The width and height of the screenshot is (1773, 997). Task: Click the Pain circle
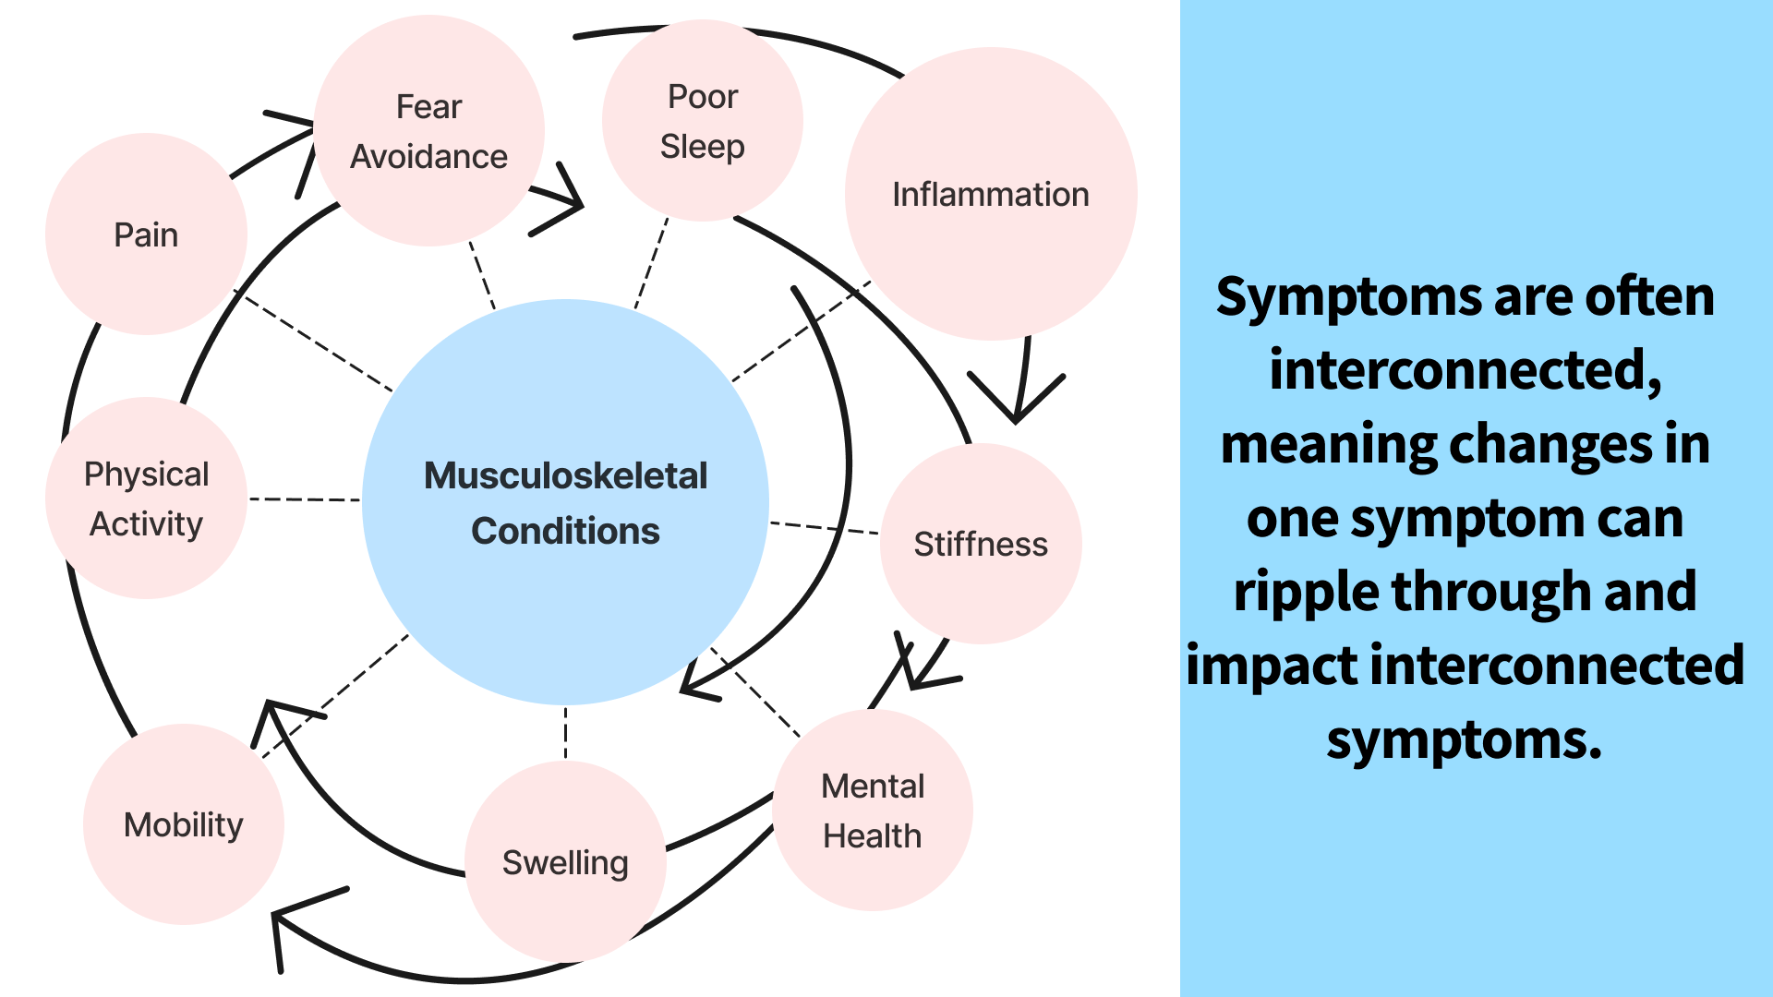[146, 234]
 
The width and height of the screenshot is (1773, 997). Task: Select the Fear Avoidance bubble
[428, 131]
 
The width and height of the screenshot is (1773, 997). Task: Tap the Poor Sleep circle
[702, 121]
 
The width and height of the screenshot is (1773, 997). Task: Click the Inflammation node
[990, 195]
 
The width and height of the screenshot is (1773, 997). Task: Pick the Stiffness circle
[981, 544]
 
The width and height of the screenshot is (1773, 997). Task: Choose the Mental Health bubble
[873, 811]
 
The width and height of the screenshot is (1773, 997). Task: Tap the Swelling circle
[565, 862]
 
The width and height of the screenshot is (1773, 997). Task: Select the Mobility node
[183, 824]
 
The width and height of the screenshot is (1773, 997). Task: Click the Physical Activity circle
[146, 498]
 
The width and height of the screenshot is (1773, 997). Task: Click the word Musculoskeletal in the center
[565, 475]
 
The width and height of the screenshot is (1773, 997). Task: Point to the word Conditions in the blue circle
[565, 531]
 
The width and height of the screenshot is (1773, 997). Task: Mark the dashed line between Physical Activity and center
[305, 499]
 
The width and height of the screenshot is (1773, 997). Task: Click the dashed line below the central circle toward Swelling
[565, 733]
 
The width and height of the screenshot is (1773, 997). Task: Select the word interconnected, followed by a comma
[1465, 370]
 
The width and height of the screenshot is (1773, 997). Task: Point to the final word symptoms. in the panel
[1465, 739]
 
